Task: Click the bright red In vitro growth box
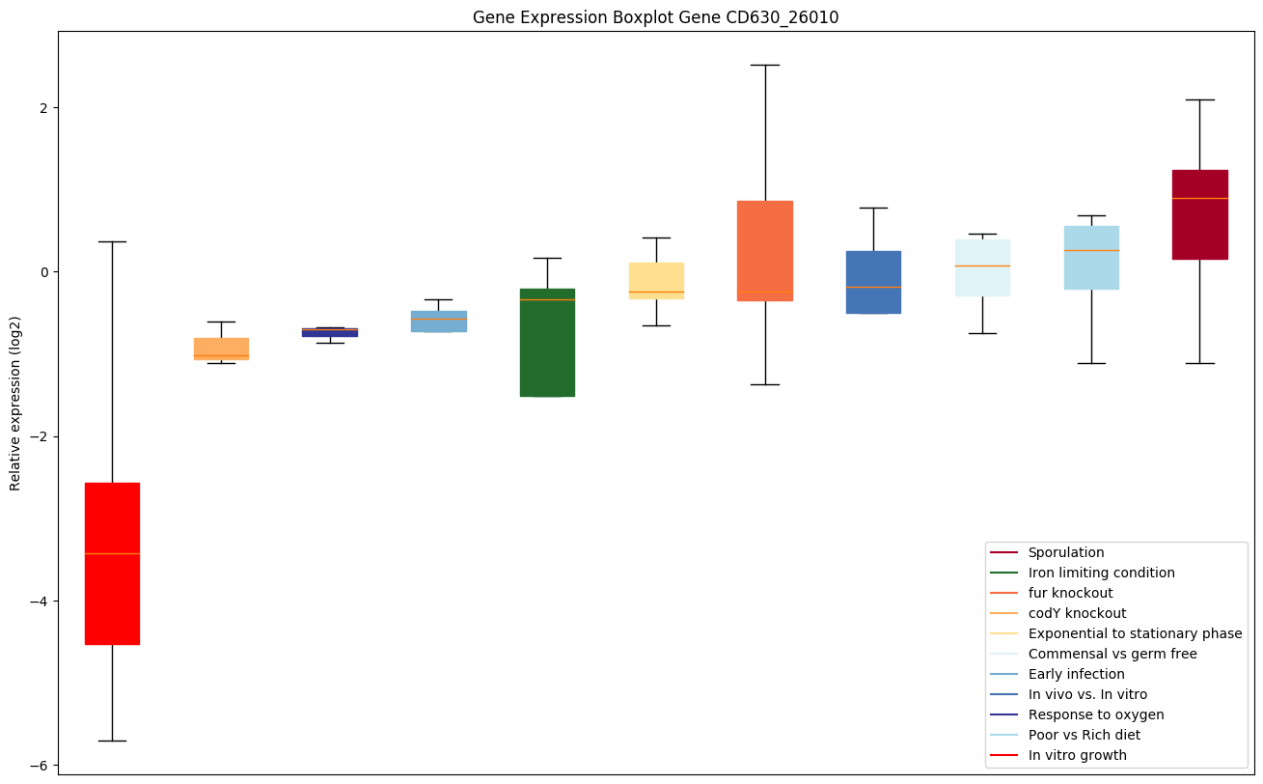(112, 563)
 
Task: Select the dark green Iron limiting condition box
(547, 343)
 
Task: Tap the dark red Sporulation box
(1199, 214)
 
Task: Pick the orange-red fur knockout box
(764, 251)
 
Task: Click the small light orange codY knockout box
(221, 349)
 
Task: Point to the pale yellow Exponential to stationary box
(656, 280)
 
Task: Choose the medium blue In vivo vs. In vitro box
(873, 282)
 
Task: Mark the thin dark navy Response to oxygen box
(330, 332)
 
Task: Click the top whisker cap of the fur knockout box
(764, 65)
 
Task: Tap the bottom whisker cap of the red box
(112, 741)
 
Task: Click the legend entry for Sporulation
(1065, 552)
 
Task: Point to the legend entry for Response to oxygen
(1095, 714)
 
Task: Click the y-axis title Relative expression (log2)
(15, 403)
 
